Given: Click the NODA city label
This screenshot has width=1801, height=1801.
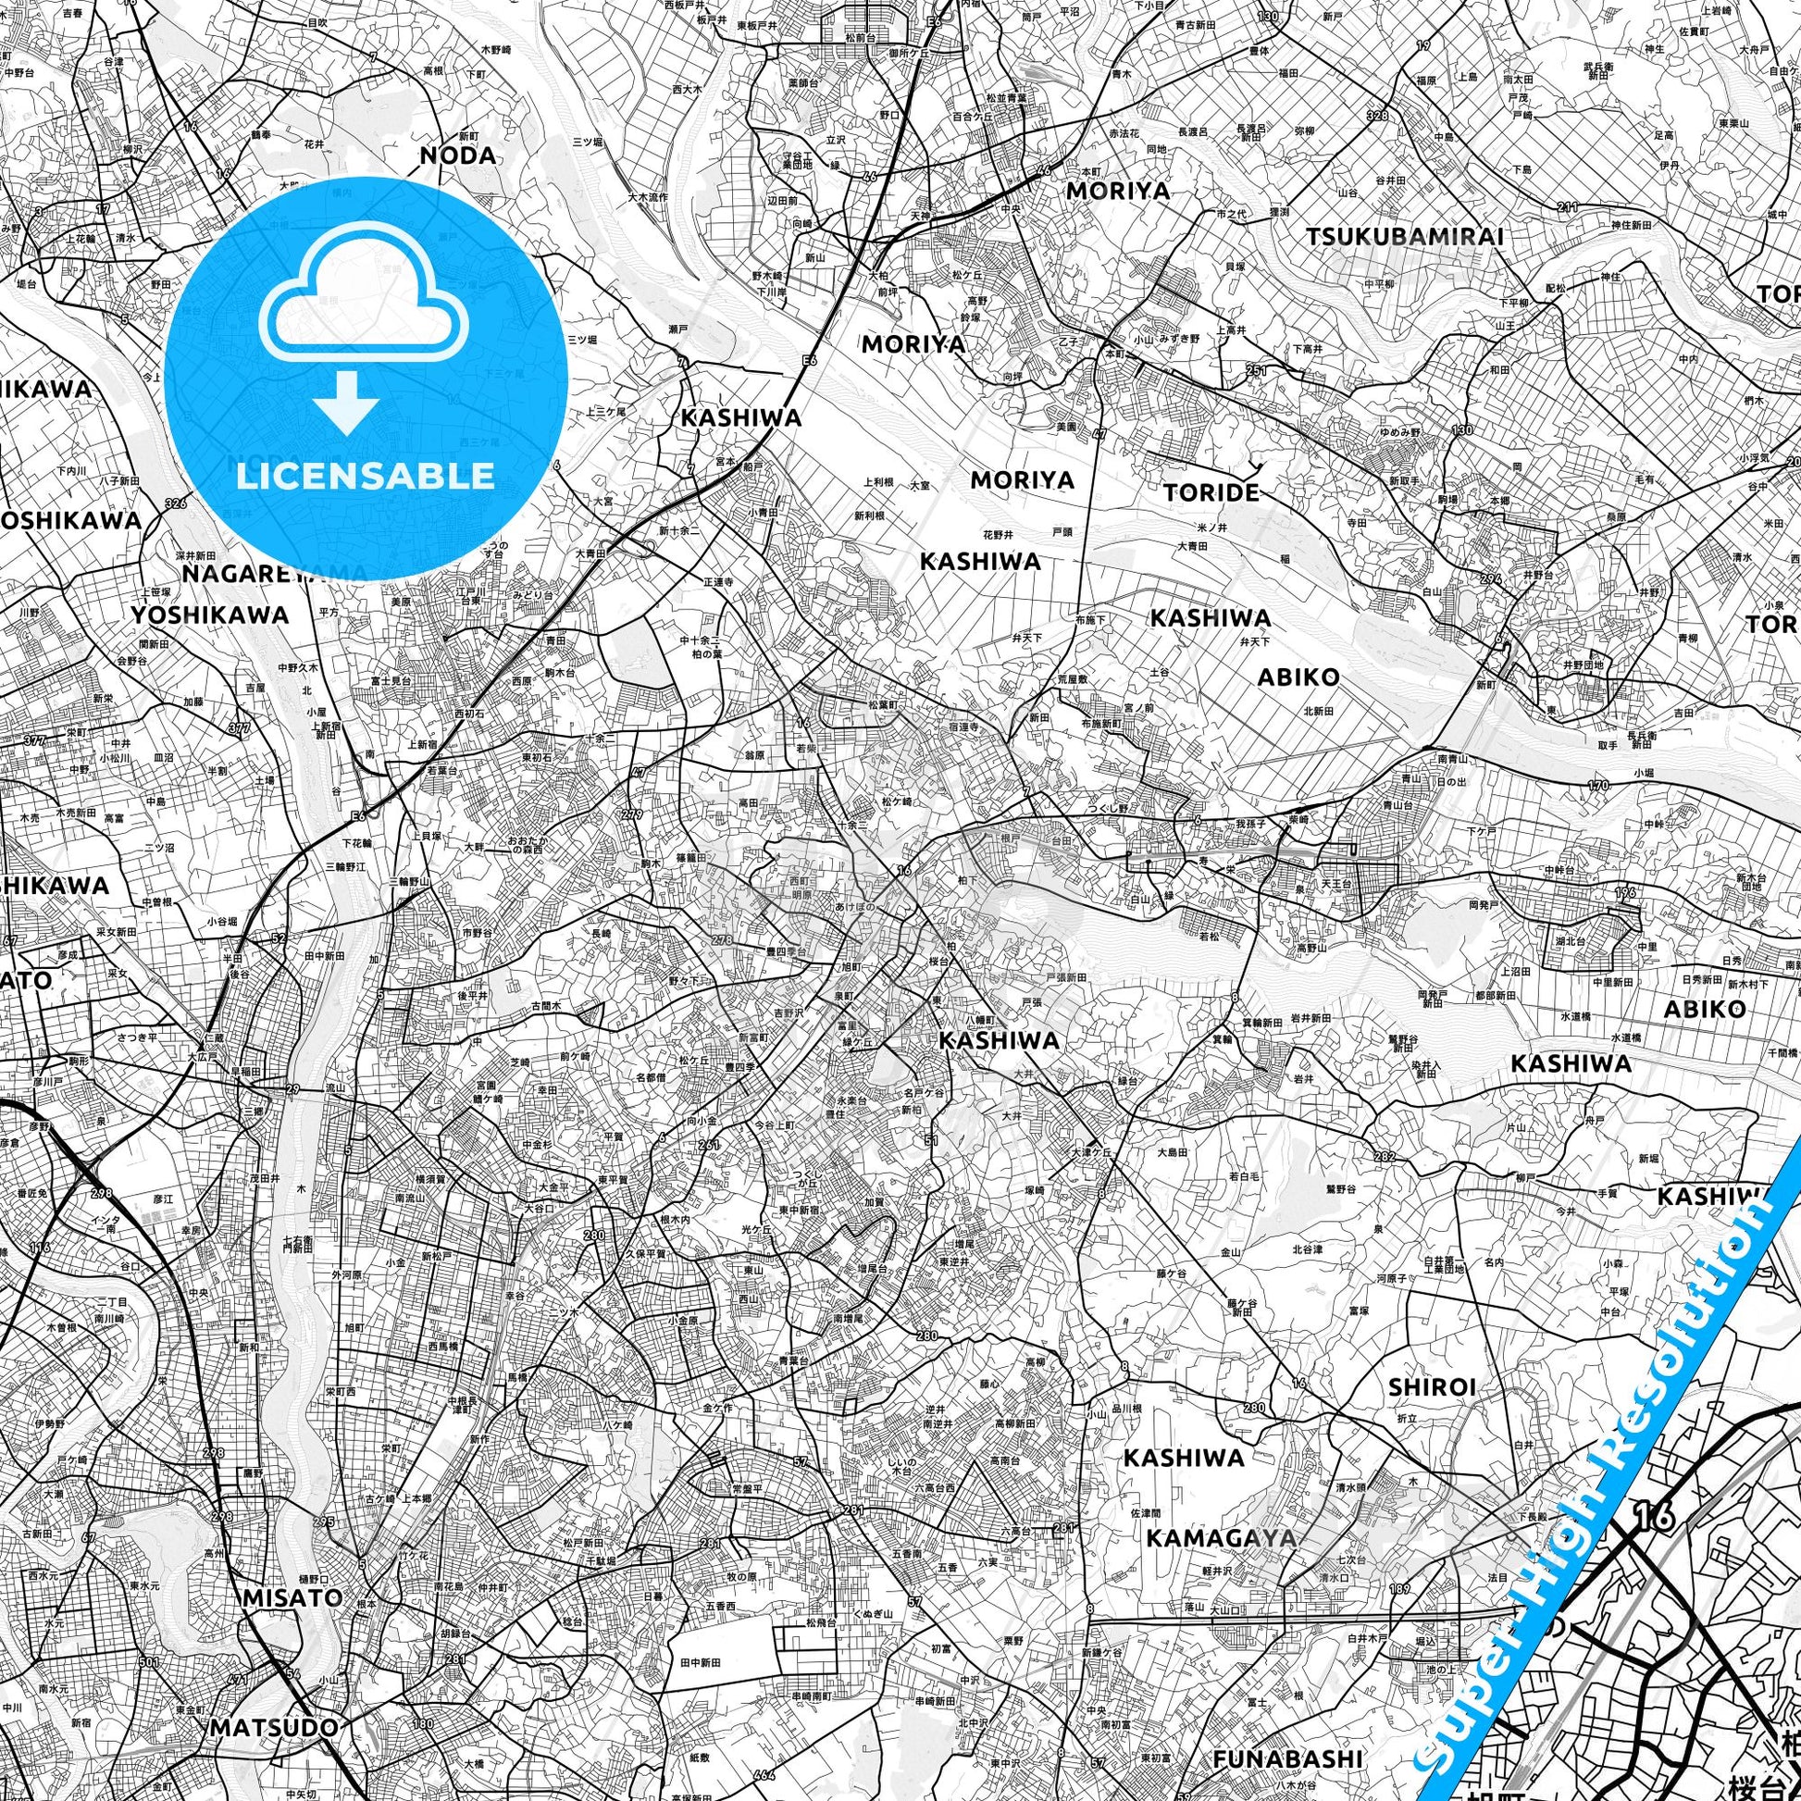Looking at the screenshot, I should point(458,155).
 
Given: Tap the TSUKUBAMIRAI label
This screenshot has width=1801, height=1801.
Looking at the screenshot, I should point(1405,237).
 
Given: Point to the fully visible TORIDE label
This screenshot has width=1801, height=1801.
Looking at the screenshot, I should point(1211,492).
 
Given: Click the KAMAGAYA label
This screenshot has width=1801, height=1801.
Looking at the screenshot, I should point(1220,1538).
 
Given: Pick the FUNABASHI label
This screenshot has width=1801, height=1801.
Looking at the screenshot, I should point(1280,1759).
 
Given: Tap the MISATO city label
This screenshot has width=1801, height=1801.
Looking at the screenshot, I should point(292,1597).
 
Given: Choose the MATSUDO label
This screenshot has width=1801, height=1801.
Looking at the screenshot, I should point(273,1727).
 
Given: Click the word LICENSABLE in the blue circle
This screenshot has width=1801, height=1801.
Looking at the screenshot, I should point(365,477).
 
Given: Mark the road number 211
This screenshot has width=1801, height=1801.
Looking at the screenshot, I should point(1567,207).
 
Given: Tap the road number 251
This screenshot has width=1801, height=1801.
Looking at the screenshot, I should point(1256,371).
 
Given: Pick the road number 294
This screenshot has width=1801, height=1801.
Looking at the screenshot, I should point(1491,579).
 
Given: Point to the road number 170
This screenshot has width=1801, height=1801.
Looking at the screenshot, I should point(1597,786).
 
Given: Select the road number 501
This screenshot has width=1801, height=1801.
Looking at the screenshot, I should point(122,1661).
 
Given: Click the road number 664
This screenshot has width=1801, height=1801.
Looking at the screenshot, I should point(764,1775).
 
